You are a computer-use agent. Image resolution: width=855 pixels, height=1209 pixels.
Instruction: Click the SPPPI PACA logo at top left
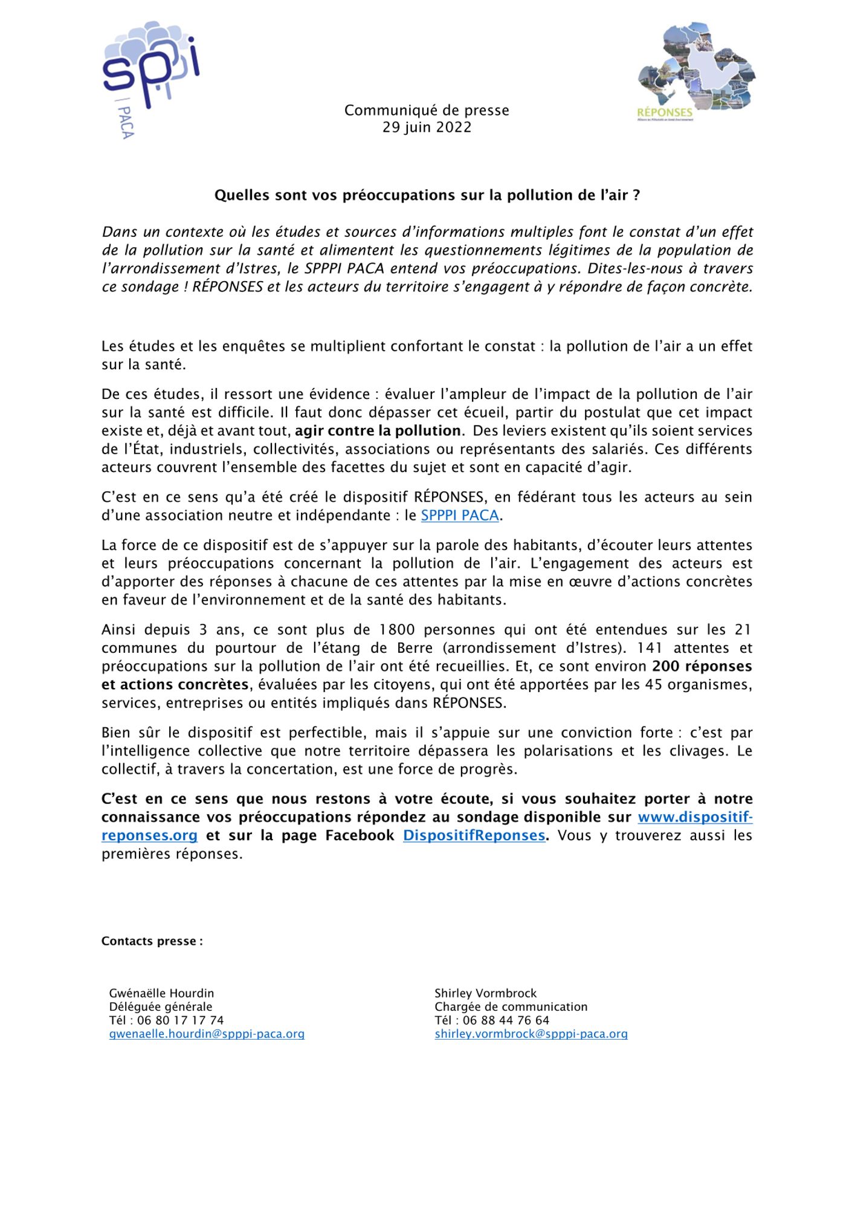150,79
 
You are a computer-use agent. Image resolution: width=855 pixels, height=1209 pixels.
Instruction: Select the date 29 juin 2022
427,128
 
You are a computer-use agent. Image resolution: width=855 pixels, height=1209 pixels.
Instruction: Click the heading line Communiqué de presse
427,110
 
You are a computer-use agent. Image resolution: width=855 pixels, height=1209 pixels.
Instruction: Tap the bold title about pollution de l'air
427,195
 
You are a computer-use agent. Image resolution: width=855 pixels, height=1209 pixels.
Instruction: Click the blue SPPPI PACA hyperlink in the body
460,516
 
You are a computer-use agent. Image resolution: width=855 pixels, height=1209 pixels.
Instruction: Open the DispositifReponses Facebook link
474,835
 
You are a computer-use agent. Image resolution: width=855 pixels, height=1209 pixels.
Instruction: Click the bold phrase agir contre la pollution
378,431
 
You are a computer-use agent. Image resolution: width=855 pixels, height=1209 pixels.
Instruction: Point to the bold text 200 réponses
702,666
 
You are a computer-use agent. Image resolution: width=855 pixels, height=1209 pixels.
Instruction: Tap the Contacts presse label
152,941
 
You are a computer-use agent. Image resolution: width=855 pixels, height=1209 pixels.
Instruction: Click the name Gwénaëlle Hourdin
161,993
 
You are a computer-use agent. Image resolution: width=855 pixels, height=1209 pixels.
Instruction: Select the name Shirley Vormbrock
485,993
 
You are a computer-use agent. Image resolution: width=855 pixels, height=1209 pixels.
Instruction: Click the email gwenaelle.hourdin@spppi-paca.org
207,1034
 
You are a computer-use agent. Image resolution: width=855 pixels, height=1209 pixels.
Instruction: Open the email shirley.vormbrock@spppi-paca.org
531,1034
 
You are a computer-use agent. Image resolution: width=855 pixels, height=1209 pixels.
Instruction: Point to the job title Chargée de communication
511,1006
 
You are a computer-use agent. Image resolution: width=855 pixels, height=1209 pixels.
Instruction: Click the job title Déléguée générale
161,1006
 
